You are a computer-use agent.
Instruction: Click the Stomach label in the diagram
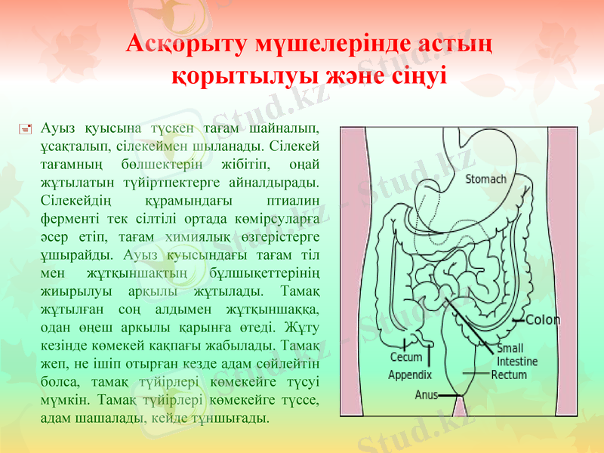[x=485, y=180]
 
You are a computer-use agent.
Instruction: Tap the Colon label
[x=543, y=319]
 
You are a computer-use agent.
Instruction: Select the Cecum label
[x=405, y=357]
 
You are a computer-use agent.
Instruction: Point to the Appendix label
[x=409, y=374]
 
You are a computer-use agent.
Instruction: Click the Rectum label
[x=509, y=374]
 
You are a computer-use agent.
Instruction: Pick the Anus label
[x=427, y=394]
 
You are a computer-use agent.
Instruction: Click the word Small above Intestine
[x=510, y=349]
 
